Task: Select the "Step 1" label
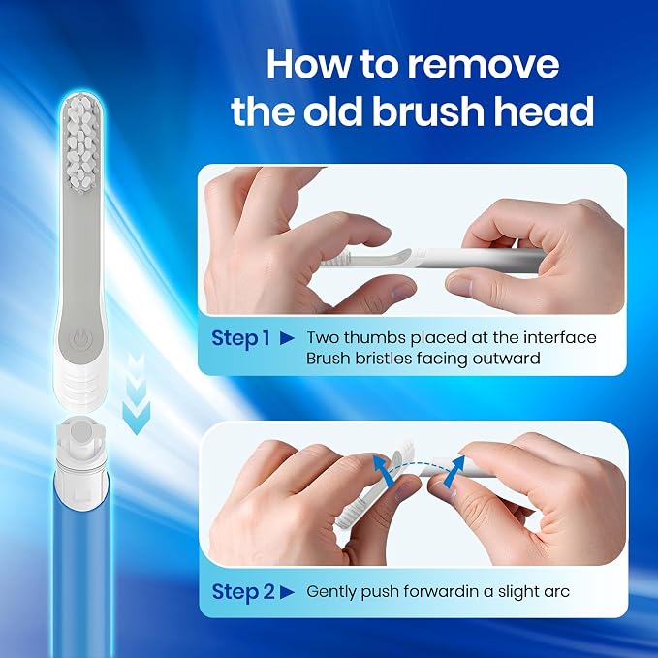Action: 240,338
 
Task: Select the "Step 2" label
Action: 243,592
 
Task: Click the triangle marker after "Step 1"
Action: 287,338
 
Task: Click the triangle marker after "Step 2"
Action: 287,592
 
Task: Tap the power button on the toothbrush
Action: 79,339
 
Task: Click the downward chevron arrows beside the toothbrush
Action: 137,393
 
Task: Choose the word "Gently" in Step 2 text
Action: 331,592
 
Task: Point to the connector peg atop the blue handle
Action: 79,436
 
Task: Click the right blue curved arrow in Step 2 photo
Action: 455,471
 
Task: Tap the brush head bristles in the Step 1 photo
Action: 334,261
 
